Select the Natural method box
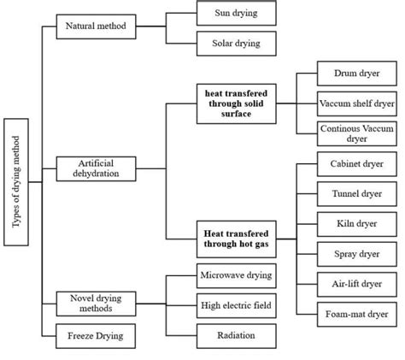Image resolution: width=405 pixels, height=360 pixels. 96,27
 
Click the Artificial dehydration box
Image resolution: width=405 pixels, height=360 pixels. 96,167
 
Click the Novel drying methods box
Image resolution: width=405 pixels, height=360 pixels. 96,304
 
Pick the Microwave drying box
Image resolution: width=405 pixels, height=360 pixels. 236,275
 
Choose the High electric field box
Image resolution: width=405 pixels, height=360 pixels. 236,305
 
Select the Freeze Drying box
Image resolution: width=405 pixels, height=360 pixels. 96,335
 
